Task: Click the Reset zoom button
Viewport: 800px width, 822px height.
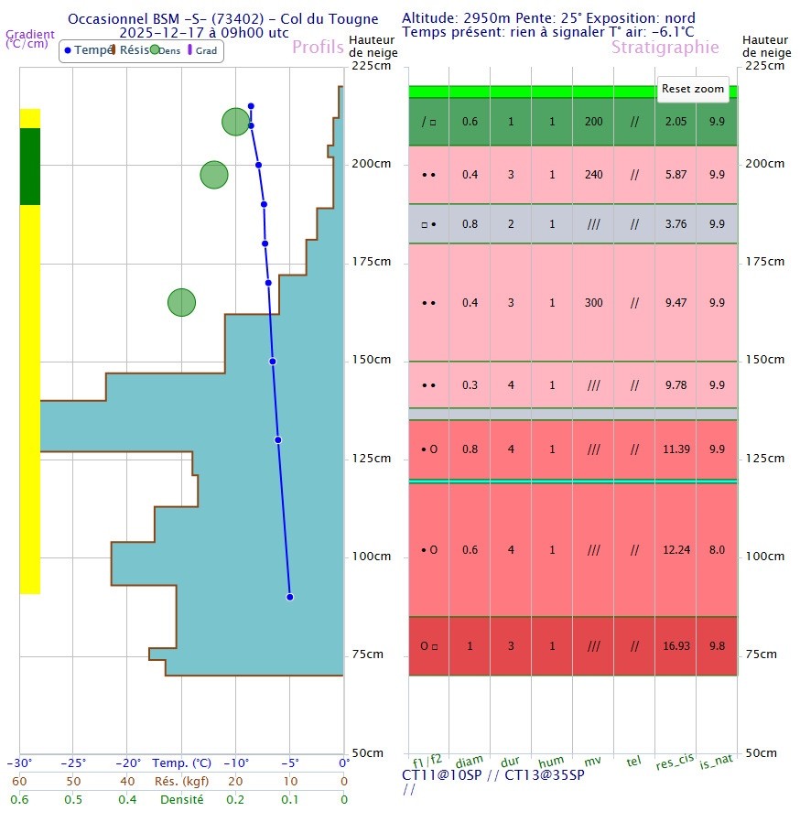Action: [693, 89]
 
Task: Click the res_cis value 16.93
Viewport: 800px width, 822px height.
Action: [676, 646]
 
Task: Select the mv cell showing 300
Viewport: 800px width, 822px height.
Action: [594, 303]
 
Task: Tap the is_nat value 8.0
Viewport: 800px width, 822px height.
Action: [717, 550]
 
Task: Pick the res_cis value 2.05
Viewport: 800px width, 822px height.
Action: [676, 122]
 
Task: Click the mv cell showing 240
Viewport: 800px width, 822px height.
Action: [594, 175]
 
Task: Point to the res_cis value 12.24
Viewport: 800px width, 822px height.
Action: [676, 550]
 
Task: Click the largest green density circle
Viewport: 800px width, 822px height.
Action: [236, 122]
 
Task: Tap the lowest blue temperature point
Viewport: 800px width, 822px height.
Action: [290, 597]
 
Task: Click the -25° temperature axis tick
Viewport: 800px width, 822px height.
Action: [73, 763]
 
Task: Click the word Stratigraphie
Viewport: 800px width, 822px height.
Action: [665, 48]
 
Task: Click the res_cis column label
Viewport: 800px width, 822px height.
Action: [676, 763]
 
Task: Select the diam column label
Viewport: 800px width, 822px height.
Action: [470, 762]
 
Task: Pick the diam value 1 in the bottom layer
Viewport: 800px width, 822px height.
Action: [470, 646]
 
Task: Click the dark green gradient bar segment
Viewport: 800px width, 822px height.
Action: [30, 167]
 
